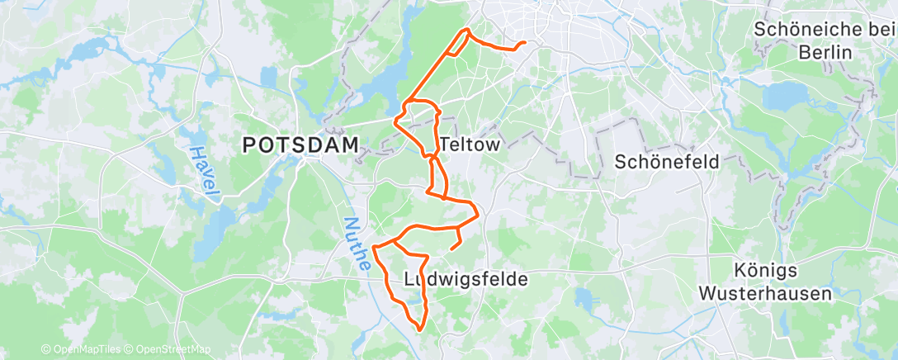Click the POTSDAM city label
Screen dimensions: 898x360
pos(301,145)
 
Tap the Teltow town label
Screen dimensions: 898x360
pos(470,144)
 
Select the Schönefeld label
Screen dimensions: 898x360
pos(667,162)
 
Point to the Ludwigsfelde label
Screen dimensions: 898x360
pos(466,280)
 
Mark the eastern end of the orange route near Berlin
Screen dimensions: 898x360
pos(525,43)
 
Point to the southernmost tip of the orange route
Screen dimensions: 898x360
pos(420,330)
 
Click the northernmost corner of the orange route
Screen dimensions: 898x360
pos(468,30)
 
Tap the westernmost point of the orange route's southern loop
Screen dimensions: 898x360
pos(375,246)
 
